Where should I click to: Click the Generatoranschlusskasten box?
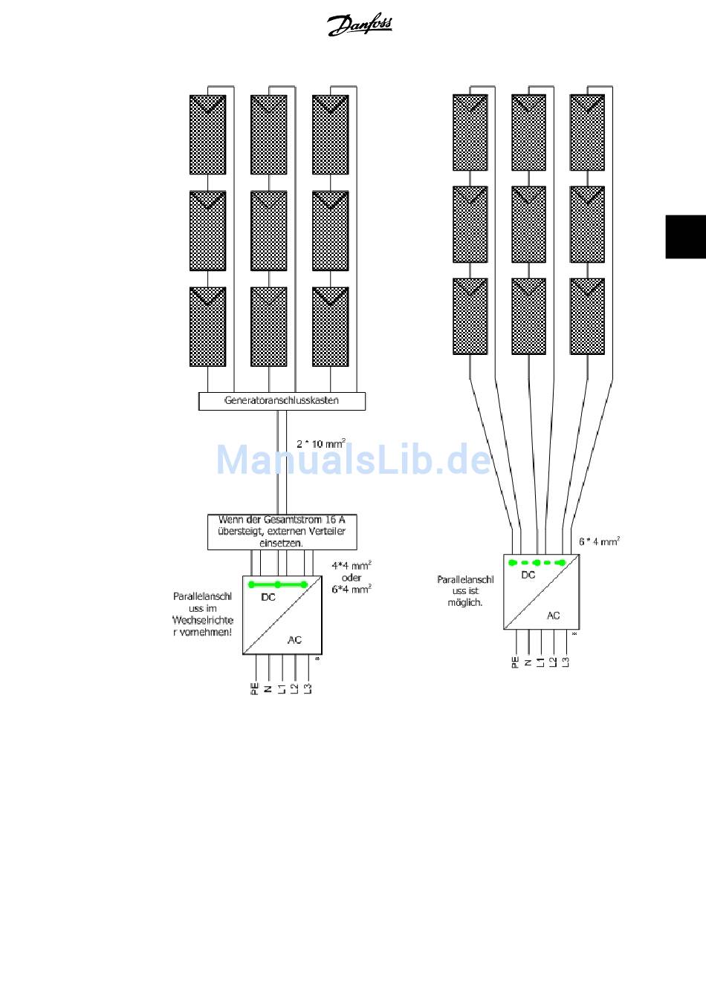pos(282,401)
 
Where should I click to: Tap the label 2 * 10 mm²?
pos(320,444)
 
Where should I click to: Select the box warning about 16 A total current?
pos(282,532)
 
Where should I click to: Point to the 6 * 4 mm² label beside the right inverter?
pos(599,542)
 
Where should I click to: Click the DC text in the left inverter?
pos(268,597)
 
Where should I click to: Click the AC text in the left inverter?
pos(294,640)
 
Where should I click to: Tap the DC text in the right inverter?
pos(528,575)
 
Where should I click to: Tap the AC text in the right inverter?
pos(554,616)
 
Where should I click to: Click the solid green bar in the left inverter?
pos(278,584)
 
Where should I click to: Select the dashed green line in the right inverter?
pos(537,563)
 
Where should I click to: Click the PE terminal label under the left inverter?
pos(255,688)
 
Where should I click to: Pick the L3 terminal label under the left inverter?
pos(308,688)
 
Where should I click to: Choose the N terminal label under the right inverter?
pos(528,662)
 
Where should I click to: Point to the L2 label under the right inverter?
pos(553,662)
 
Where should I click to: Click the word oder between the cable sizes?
pos(352,577)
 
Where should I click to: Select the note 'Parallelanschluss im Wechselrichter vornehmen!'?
pos(203,614)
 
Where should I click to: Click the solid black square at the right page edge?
pos(685,237)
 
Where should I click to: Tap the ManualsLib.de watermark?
pos(354,460)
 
